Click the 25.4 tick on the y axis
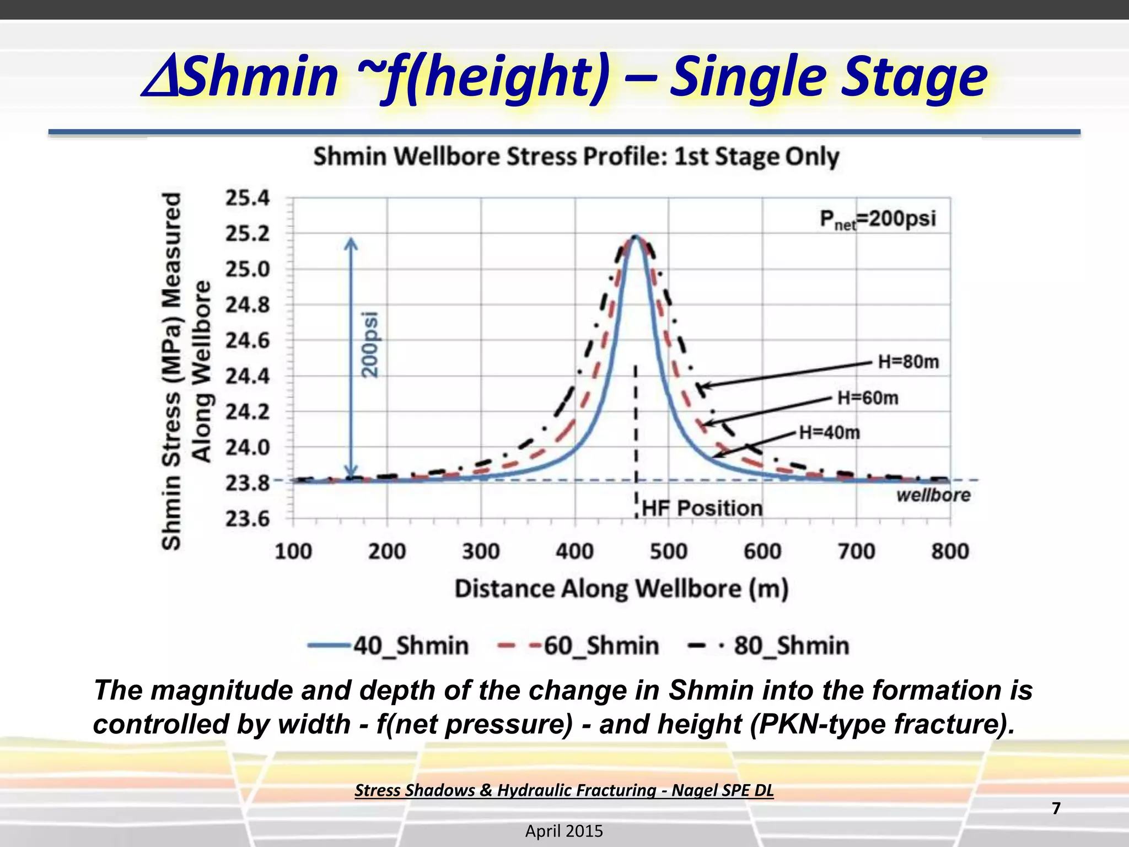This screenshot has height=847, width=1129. pos(248,198)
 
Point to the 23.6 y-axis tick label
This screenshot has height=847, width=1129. pos(248,519)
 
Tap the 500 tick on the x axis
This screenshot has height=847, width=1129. pos(669,551)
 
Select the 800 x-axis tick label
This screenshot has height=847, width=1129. pos(950,551)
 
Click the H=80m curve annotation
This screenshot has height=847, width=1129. pos(908,362)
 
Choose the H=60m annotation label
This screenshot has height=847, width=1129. pos(868,398)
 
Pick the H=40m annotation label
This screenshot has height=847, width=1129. pos(830,433)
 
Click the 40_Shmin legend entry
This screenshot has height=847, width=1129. pos(389,646)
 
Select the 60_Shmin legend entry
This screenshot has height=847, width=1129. pos(579,646)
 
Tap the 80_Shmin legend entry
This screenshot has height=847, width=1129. pos(770,646)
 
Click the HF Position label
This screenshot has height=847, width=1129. pos(702,508)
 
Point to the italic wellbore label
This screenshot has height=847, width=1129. pos(933,495)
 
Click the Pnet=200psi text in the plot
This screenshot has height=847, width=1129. pos(878,219)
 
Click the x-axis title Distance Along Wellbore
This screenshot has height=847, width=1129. pos(621,589)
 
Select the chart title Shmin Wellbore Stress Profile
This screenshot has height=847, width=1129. pos(576,157)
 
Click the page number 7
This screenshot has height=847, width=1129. pos(1056,808)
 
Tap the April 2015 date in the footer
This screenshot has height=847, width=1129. pos(564,831)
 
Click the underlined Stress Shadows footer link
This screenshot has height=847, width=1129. pos(564,790)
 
